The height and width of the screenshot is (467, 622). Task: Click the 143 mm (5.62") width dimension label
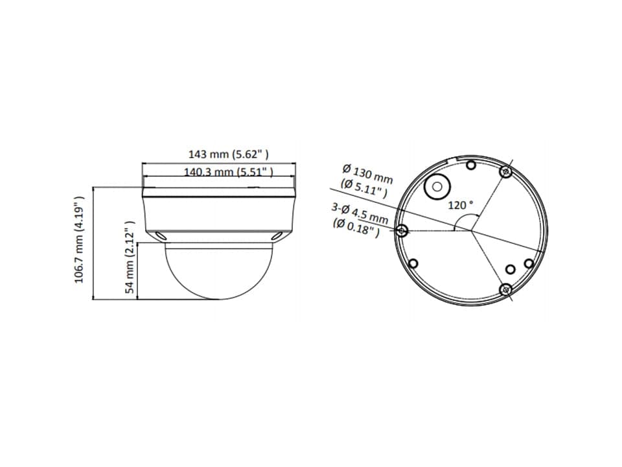click(x=228, y=154)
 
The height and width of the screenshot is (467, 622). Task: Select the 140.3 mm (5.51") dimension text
click(x=229, y=172)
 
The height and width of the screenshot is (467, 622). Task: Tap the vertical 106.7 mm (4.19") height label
click(x=80, y=239)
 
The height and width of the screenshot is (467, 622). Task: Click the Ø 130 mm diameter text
click(x=368, y=174)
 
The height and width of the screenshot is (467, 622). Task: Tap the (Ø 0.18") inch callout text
click(x=356, y=228)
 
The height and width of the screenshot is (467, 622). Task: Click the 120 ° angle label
click(x=461, y=205)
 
